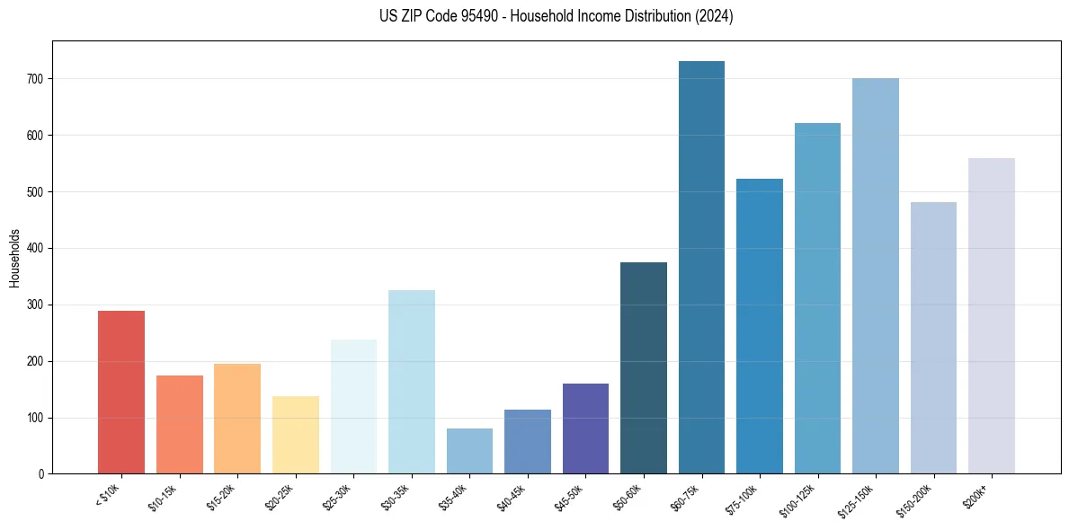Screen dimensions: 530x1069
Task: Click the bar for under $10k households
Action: pos(121,392)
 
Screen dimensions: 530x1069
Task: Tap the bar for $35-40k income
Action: pos(469,451)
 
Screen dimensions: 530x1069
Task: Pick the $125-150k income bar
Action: pos(876,276)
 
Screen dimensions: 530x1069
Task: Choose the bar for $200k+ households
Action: pos(992,316)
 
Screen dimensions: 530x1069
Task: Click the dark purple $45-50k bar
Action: pos(585,428)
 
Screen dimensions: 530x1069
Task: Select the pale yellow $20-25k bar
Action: pos(296,435)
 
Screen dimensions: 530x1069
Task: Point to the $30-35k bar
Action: pos(412,382)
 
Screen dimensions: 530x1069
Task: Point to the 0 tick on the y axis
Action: pos(42,474)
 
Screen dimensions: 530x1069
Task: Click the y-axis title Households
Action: pos(15,258)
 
